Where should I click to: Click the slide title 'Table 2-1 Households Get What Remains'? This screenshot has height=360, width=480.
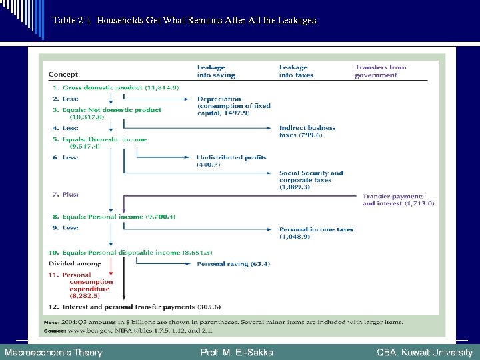(x=184, y=21)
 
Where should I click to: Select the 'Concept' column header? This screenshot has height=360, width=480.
(x=63, y=75)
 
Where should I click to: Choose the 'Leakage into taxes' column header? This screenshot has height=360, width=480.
(x=296, y=71)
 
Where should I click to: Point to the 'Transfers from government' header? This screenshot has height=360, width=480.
(x=380, y=71)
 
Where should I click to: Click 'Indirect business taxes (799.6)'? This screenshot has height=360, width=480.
(x=307, y=131)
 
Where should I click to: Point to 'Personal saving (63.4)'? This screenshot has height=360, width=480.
(x=233, y=264)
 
